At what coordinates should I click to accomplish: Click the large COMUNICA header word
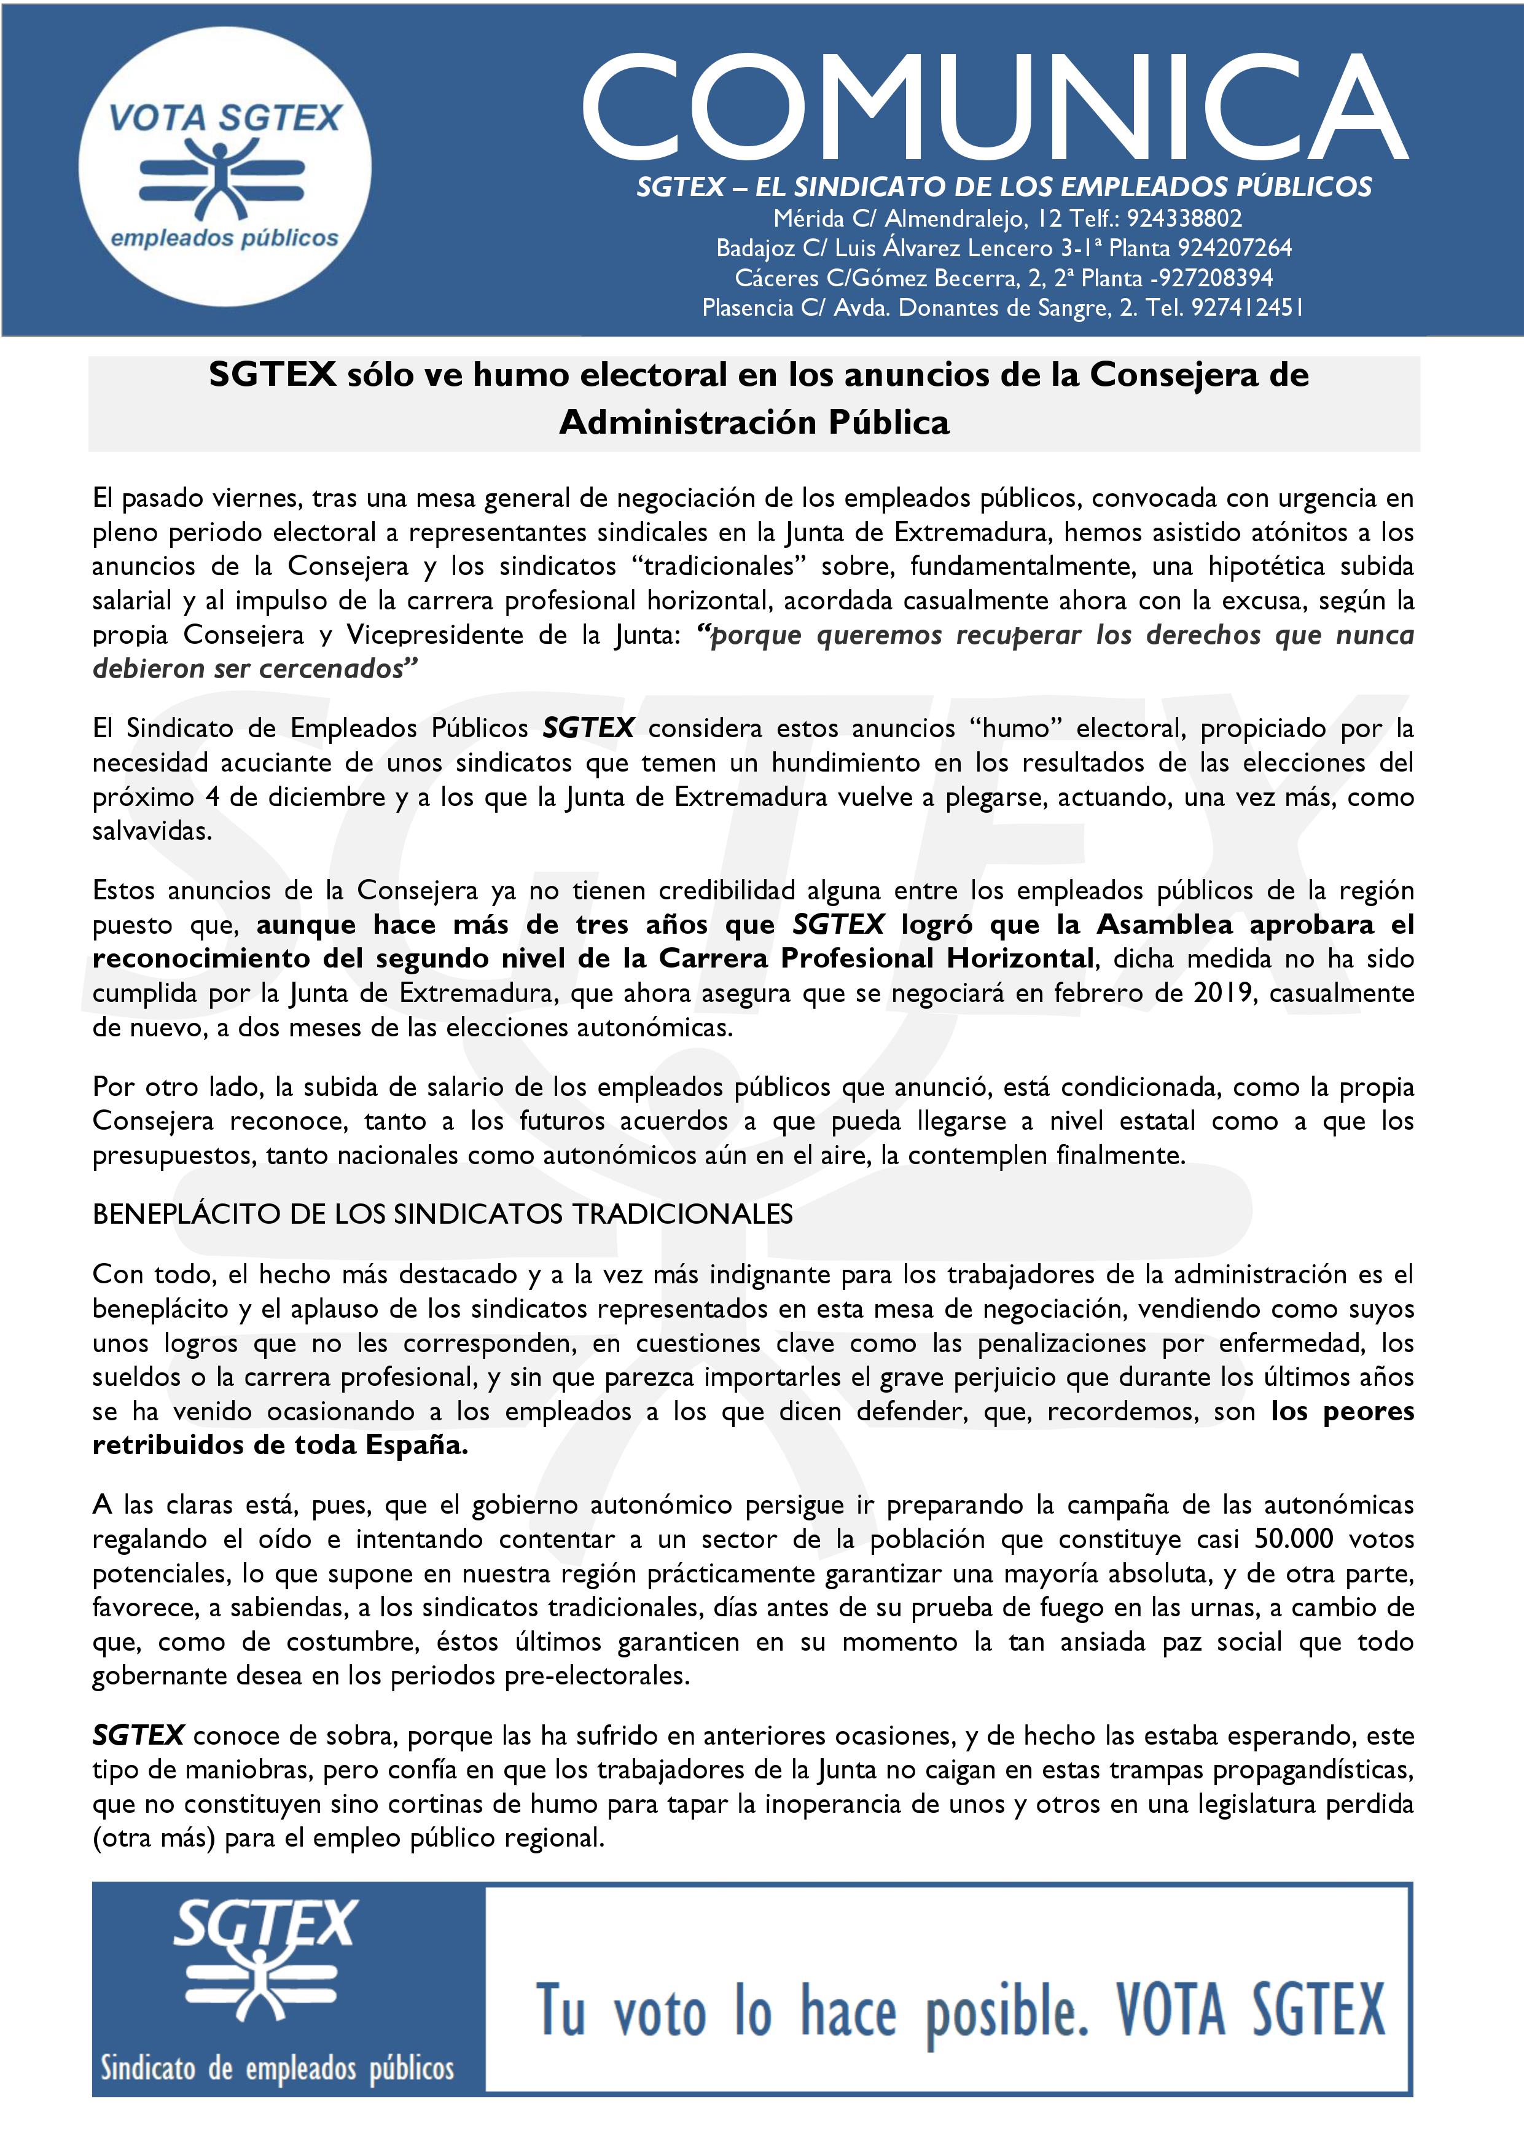(995, 108)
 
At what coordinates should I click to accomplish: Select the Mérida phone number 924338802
(1184, 219)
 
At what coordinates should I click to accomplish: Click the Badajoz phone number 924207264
(1234, 249)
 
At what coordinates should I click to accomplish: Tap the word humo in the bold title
(521, 375)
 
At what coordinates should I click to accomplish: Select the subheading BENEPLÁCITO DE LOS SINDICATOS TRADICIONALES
(442, 1214)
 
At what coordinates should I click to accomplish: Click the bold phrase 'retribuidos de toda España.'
(279, 1445)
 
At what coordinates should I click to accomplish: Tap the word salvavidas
(151, 832)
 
